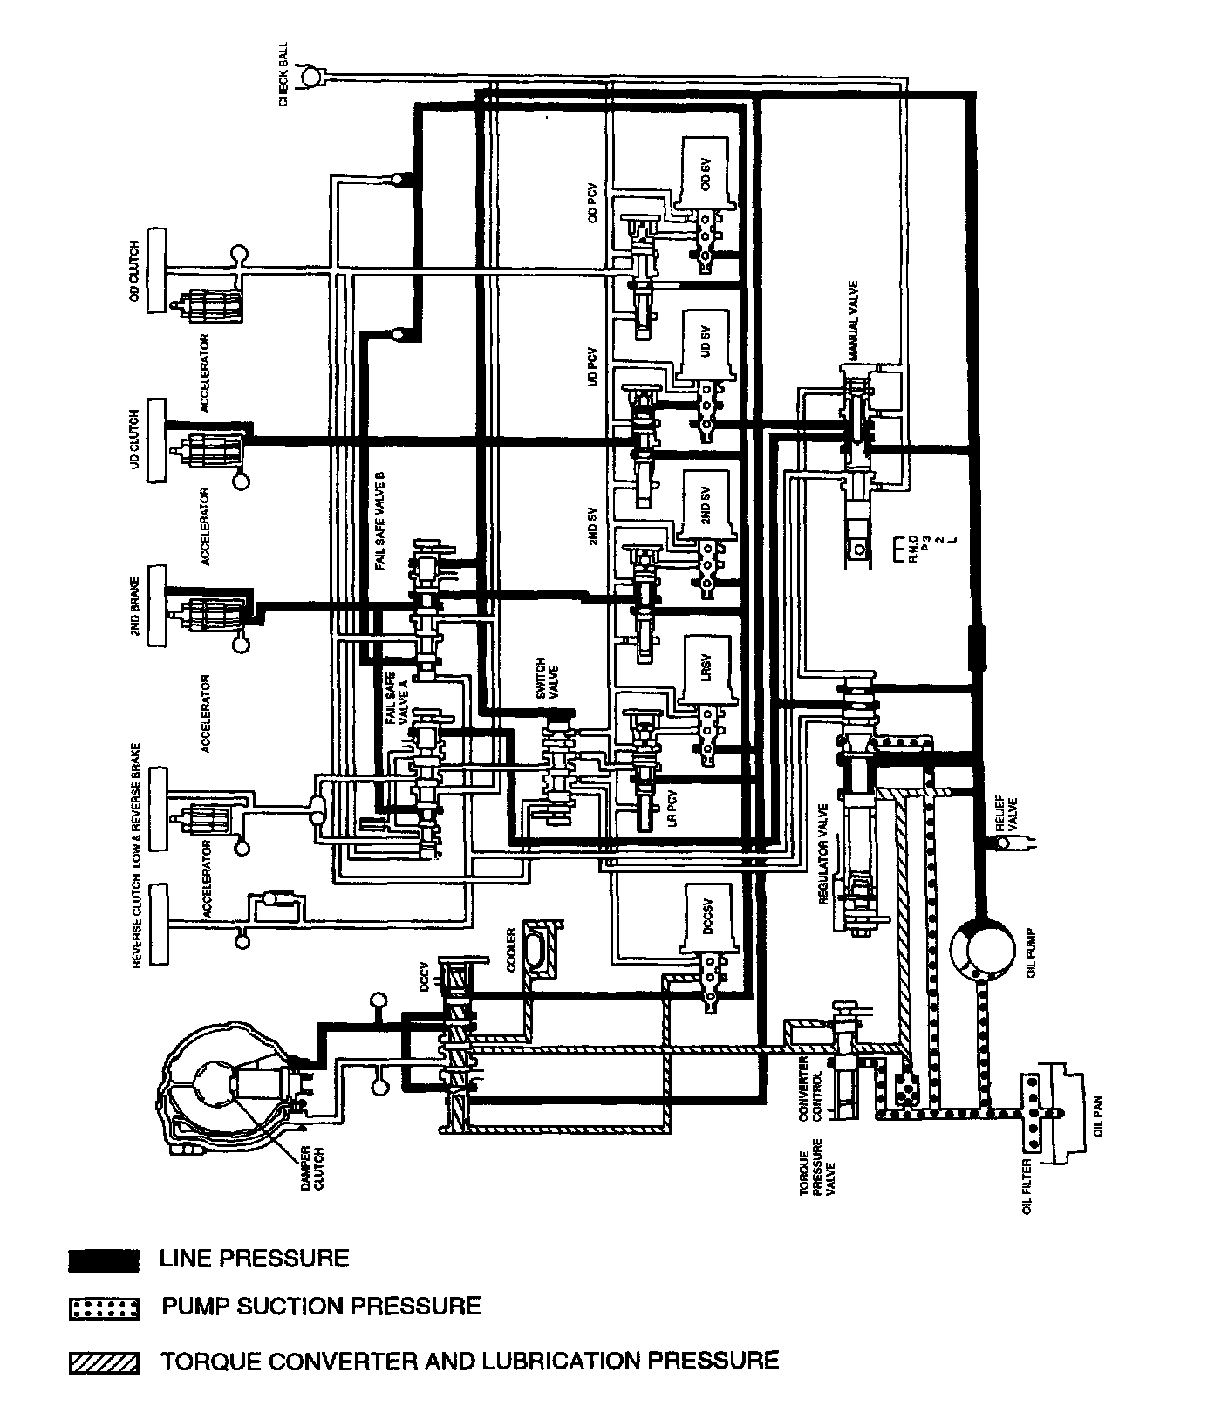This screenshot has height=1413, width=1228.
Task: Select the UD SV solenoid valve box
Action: point(706,344)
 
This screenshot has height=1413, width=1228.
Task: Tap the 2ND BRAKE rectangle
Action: point(158,606)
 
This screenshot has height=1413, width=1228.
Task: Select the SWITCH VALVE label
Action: point(546,679)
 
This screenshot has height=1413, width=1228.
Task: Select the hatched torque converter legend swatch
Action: point(104,1362)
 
